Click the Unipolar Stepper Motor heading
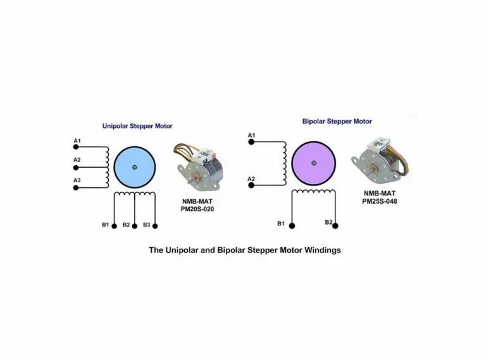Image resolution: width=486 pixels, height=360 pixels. click(137, 126)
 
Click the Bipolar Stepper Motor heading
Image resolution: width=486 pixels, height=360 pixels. click(337, 121)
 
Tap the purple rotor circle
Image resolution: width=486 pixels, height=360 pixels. click(315, 161)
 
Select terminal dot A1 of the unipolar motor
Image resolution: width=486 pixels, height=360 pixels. click(77, 148)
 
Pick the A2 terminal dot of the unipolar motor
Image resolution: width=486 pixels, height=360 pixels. click(77, 168)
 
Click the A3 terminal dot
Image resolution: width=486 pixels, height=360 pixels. click(77, 188)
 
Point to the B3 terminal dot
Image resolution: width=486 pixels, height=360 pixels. click(155, 226)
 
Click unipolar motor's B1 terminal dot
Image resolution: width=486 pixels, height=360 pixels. click(114, 226)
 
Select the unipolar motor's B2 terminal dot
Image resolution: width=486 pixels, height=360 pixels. click(135, 226)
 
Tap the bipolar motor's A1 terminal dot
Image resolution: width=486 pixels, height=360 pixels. click(251, 142)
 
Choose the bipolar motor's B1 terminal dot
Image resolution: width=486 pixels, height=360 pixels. click(291, 224)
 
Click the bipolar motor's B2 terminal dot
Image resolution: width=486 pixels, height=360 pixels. click(335, 224)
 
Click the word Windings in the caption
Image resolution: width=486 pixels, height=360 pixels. click(323, 250)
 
